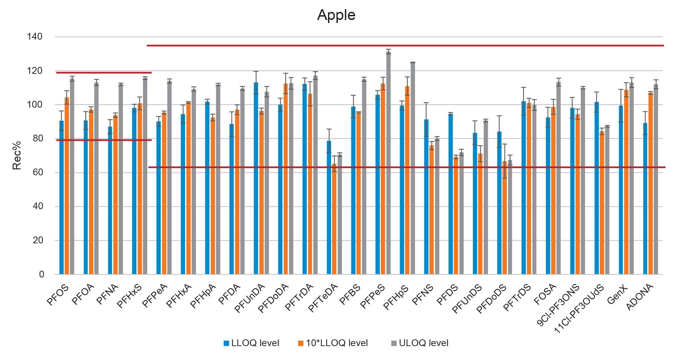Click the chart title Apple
(336, 15)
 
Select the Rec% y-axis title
(17, 155)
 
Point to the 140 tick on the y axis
(35, 37)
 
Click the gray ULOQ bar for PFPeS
(388, 162)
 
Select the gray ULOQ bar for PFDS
(461, 213)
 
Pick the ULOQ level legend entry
(420, 343)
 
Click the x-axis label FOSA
(545, 294)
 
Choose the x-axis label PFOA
(83, 295)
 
